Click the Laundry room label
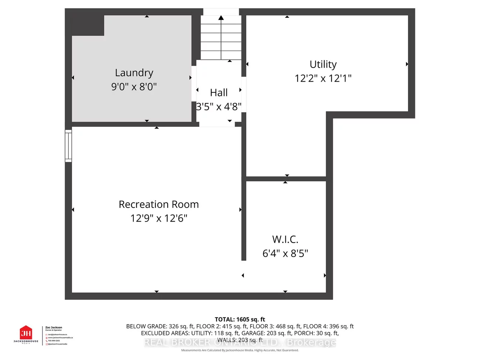tap(134, 73)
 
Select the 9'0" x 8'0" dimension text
tap(134, 87)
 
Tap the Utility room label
tap(323, 64)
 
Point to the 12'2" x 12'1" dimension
tap(323, 78)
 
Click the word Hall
tap(219, 93)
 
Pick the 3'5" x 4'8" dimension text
tap(219, 107)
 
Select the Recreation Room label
tap(158, 204)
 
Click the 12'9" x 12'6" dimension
tap(158, 218)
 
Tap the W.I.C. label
tap(285, 239)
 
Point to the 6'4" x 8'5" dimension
tap(285, 253)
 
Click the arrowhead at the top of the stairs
tap(221, 17)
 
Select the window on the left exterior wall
tap(68, 146)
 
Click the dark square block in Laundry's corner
tap(88, 25)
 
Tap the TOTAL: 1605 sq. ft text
tap(240, 319)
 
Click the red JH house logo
tap(26, 333)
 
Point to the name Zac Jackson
tap(54, 328)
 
